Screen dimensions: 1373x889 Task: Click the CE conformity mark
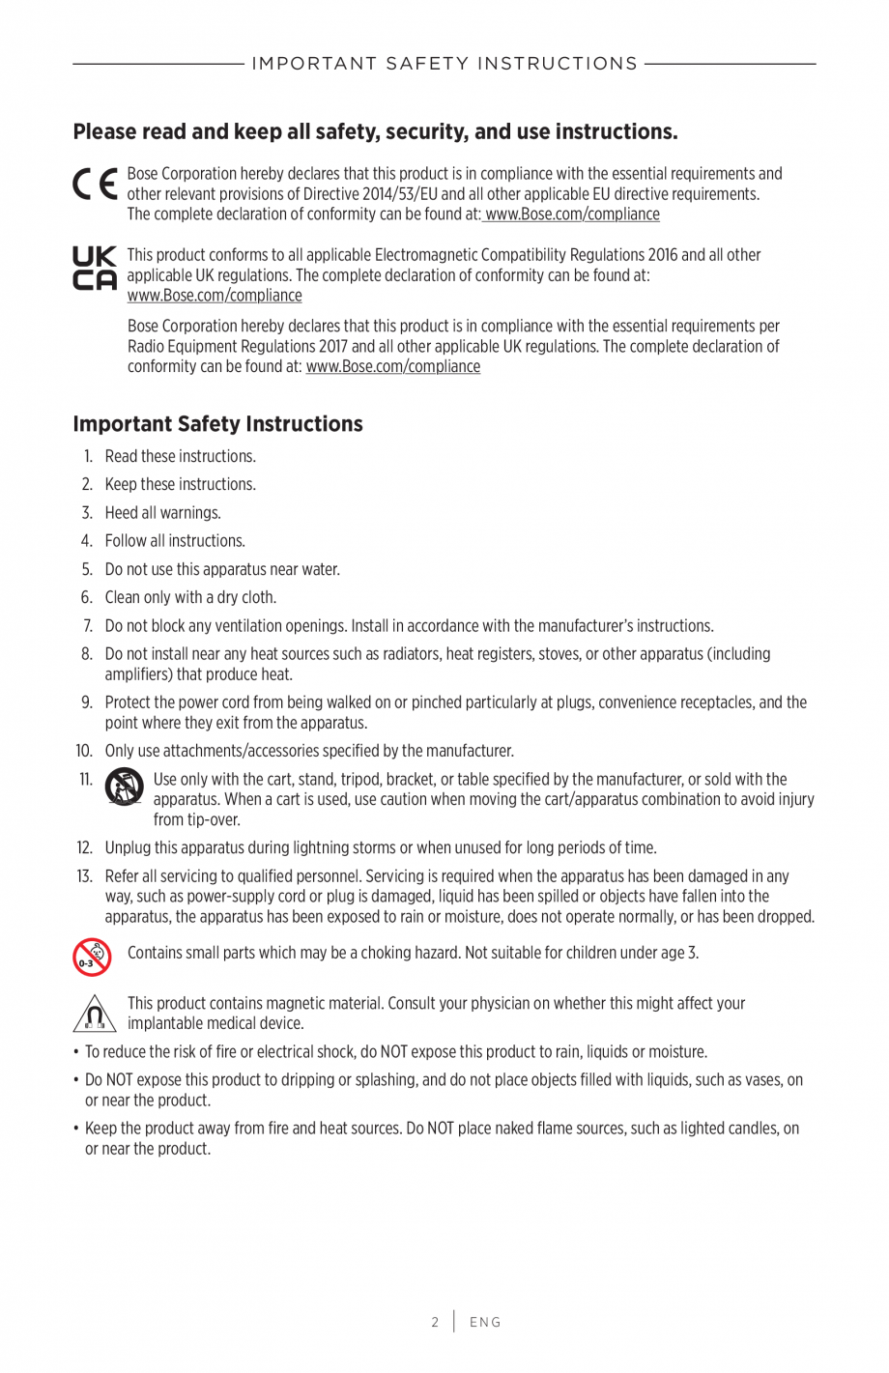(95, 184)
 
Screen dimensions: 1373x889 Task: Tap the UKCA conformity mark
(95, 269)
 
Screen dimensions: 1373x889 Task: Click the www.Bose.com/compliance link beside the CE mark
(572, 215)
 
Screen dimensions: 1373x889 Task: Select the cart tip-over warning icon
(124, 787)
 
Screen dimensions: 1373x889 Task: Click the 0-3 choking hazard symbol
(92, 957)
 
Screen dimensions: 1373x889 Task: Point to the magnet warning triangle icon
(94, 1014)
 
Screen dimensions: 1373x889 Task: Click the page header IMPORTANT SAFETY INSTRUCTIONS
(444, 64)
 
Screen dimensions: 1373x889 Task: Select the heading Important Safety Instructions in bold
(217, 424)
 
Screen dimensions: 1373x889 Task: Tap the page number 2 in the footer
(435, 1322)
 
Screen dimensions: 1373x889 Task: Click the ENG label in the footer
(485, 1322)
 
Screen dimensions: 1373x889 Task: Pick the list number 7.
(87, 626)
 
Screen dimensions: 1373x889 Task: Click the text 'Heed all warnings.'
(162, 513)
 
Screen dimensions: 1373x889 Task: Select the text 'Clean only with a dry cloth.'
(190, 598)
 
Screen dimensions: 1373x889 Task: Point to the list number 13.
(84, 876)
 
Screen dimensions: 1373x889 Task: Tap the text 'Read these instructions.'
(180, 457)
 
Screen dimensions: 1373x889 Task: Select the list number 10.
(84, 751)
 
